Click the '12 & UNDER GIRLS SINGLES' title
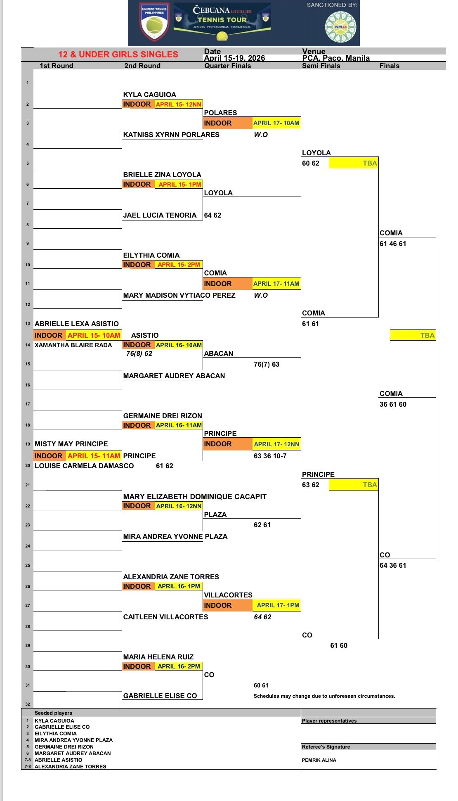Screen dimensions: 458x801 [x=118, y=55]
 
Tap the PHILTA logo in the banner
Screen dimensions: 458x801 [x=340, y=27]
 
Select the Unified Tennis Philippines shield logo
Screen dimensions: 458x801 [x=154, y=23]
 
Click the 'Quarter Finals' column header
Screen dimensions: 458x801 [x=228, y=66]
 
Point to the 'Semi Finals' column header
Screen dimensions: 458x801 [x=321, y=66]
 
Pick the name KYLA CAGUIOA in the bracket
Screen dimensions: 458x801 [x=150, y=95]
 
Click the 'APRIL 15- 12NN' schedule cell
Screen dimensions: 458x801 [x=179, y=104]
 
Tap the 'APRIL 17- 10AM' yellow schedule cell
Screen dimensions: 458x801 [x=276, y=123]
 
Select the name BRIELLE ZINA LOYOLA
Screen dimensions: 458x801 [x=162, y=175]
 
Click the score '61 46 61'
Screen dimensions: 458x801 [x=393, y=244]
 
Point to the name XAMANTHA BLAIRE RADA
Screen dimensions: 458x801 [x=73, y=345]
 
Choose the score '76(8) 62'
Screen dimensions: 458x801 [x=139, y=353]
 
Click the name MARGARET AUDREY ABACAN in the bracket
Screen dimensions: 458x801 [x=174, y=376]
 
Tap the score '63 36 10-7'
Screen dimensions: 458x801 [x=270, y=456]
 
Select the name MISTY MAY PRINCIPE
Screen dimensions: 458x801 [x=71, y=444]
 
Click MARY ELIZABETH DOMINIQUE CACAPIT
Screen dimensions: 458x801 [x=195, y=497]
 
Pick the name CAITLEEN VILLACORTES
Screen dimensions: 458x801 [x=165, y=617]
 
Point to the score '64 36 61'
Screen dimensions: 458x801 [x=393, y=565]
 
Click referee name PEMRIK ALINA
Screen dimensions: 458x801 [x=319, y=760]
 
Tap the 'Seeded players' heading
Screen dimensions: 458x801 [x=53, y=713]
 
